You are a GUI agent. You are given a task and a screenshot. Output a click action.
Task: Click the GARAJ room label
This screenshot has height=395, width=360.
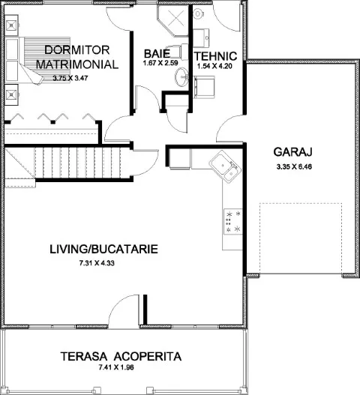(x=293, y=152)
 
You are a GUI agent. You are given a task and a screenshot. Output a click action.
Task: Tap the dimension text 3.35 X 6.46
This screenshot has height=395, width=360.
(x=294, y=166)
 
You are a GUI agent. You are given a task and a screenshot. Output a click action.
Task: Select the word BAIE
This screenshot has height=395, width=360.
(x=157, y=54)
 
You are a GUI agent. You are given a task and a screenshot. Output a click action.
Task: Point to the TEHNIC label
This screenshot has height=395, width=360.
(x=216, y=56)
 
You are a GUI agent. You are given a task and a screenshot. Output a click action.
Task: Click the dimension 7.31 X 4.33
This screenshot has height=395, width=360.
(x=97, y=263)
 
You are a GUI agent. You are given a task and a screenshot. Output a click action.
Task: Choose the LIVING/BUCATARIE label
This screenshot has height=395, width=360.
(x=103, y=249)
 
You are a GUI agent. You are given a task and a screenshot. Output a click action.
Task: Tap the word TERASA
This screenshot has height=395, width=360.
(x=84, y=357)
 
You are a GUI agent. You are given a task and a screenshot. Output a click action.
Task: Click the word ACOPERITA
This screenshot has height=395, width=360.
(x=148, y=357)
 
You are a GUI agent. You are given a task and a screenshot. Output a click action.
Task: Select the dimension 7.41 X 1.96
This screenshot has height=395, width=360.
(x=116, y=367)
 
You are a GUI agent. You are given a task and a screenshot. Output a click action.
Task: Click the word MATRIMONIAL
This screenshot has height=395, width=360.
(x=77, y=64)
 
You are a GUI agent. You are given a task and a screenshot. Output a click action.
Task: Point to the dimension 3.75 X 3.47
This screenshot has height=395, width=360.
(x=70, y=78)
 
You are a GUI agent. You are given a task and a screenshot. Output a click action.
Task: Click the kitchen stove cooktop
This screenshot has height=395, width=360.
(x=233, y=222)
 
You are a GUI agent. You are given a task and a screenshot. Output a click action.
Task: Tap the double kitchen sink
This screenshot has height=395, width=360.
(x=224, y=166)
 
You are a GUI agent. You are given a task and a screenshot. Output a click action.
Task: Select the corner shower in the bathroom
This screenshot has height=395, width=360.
(x=173, y=20)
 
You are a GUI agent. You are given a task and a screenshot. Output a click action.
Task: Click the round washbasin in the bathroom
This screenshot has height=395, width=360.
(x=181, y=76)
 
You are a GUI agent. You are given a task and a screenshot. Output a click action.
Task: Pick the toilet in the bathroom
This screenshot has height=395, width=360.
(x=179, y=52)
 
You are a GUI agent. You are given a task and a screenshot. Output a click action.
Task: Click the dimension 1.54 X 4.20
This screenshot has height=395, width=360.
(x=214, y=66)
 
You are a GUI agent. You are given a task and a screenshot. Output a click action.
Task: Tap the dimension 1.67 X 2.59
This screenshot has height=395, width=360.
(x=160, y=63)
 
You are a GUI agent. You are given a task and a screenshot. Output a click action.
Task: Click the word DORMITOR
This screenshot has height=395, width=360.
(x=77, y=50)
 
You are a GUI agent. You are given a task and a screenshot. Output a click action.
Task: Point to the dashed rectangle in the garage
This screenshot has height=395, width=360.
(x=301, y=238)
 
